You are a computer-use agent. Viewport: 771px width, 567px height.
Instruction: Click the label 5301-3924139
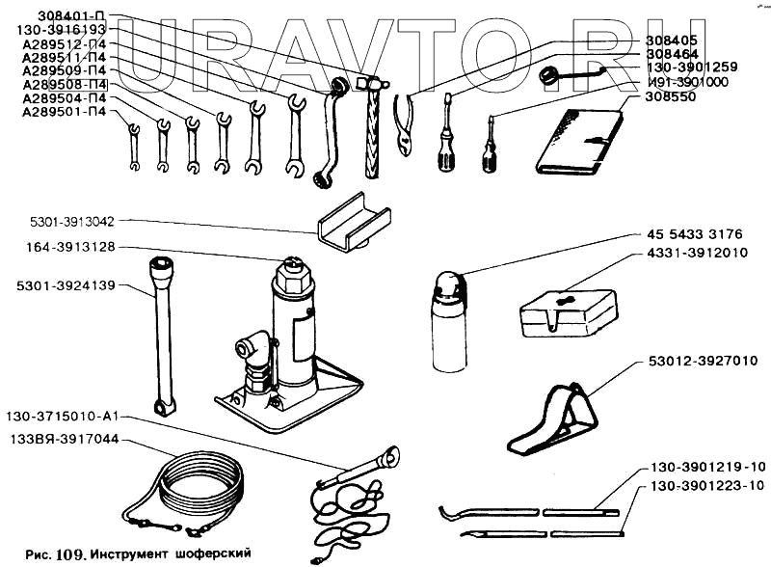(x=66, y=285)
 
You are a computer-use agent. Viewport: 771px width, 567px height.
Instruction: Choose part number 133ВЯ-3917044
(x=64, y=439)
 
